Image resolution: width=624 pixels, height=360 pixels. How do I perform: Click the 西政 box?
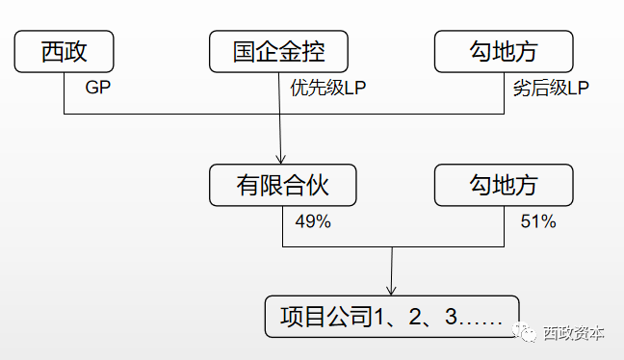(x=65, y=51)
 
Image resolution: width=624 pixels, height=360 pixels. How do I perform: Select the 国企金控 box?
(x=278, y=51)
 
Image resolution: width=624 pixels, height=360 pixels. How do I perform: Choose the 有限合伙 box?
(x=282, y=185)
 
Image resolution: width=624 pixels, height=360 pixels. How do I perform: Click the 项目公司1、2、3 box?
(x=392, y=317)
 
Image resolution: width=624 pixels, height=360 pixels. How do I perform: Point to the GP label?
(x=95, y=88)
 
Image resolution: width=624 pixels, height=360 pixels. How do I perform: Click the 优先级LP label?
(x=328, y=88)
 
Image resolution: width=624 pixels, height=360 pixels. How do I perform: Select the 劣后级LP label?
(x=551, y=88)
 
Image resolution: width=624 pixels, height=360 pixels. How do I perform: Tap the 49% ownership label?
(x=312, y=221)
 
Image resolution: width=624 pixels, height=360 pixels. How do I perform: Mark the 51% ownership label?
(x=538, y=221)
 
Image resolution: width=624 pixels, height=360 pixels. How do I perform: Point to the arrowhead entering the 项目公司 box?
(x=392, y=291)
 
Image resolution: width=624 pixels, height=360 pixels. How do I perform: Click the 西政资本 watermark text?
(x=575, y=333)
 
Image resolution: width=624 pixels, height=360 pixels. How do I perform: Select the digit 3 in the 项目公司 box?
(x=454, y=317)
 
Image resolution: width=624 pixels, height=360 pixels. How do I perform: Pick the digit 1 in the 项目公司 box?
(x=377, y=317)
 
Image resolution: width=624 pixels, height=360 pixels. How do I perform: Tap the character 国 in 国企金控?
(x=244, y=51)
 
